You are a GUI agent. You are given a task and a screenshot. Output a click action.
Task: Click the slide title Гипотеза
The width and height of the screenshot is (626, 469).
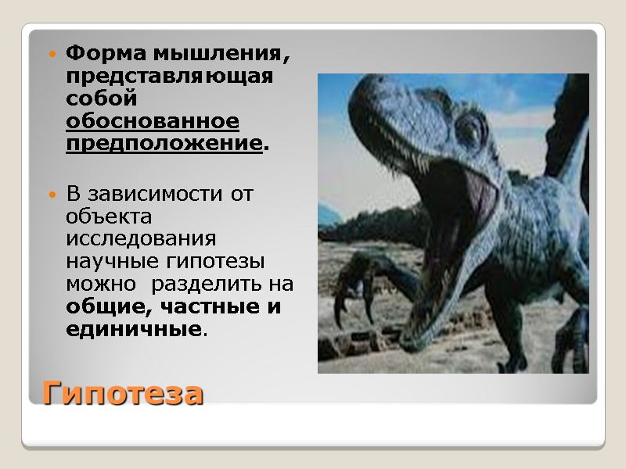[x=123, y=392]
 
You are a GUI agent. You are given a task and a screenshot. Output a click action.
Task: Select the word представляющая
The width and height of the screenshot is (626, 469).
[x=169, y=77]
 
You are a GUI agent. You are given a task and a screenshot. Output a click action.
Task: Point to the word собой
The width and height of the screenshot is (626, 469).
[x=102, y=99]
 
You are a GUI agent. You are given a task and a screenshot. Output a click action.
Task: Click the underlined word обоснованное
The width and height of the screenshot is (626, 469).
[x=153, y=122]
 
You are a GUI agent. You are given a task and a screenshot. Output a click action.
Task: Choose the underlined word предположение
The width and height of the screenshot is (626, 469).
[x=164, y=145]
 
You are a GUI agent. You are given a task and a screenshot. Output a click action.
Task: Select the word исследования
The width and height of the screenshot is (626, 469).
[x=141, y=238]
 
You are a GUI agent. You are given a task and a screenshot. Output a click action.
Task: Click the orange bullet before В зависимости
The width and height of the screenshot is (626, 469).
[x=52, y=194]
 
